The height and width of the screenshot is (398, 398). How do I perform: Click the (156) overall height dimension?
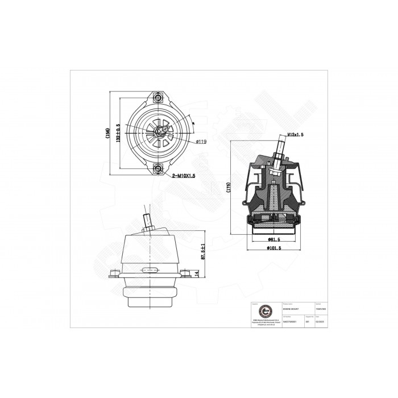107,132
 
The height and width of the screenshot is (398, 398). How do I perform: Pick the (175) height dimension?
228,189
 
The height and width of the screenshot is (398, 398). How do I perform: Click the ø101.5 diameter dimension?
275,248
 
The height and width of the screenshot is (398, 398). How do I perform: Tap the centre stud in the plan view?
159,132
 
